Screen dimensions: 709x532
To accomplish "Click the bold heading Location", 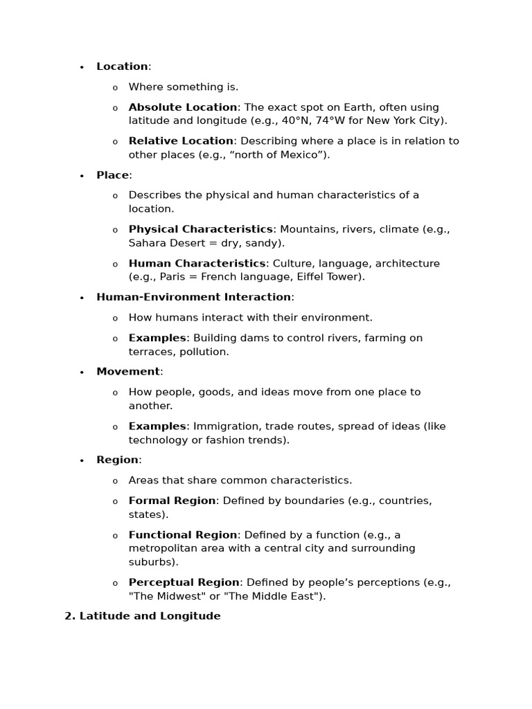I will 122,66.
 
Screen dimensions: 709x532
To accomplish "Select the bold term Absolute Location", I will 183,107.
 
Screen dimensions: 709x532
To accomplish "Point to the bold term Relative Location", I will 181,141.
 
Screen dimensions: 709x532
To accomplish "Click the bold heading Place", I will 112,175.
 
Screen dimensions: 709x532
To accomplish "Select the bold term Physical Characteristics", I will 201,229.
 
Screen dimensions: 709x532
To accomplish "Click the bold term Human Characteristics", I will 197,264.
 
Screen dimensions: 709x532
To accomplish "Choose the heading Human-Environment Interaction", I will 193,297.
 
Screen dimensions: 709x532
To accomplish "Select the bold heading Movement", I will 128,372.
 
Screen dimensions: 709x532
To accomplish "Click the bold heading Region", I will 117,460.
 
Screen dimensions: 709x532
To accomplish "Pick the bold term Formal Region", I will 172,501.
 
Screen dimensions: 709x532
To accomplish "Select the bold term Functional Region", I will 183,535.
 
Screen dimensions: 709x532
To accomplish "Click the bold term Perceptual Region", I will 184,582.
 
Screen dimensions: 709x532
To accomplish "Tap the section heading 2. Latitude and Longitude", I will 143,616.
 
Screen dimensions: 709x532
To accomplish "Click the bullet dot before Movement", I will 82,373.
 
